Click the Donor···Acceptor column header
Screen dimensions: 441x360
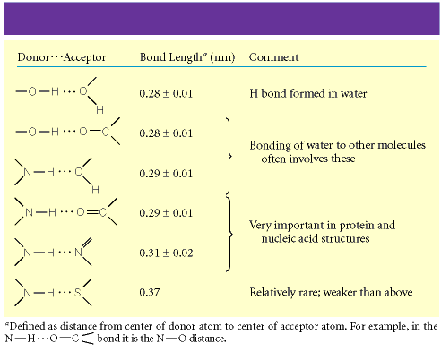62,57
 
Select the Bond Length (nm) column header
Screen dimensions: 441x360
187,57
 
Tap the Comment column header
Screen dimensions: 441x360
273,57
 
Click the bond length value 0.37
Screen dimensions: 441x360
150,292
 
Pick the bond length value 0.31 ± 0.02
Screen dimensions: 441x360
166,253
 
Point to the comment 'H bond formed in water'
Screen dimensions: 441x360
308,93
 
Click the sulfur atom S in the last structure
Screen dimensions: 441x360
78,292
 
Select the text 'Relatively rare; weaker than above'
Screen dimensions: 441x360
331,292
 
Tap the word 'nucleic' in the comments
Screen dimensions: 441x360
277,238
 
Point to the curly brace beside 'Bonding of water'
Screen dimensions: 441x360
229,156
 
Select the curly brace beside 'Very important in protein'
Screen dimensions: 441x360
229,234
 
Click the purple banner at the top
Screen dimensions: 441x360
221,19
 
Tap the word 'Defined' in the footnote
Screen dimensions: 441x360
28,326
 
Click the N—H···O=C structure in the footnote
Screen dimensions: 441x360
49,339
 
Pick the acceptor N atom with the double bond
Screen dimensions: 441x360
78,253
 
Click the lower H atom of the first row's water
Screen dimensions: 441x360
100,110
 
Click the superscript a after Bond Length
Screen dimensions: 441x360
205,54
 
